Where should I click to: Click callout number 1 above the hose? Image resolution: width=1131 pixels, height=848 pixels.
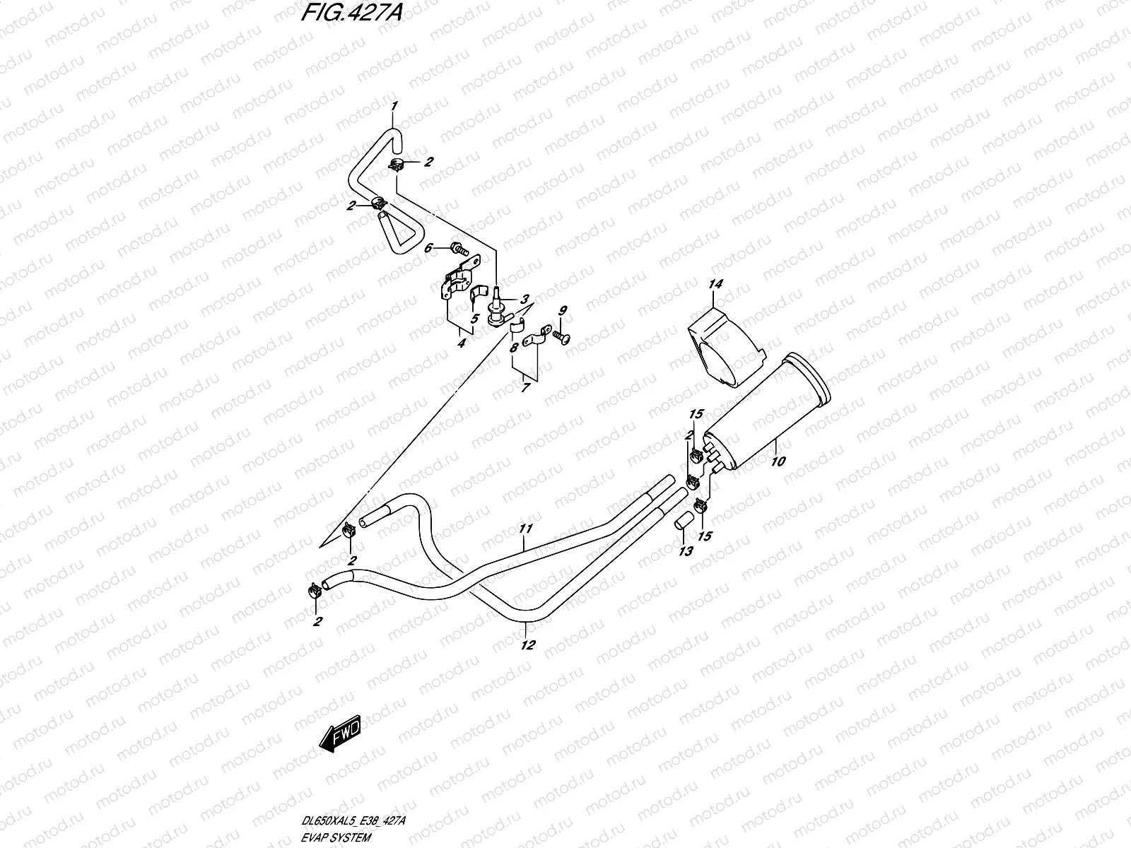click(x=395, y=106)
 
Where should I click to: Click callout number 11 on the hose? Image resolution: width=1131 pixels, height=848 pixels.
click(x=525, y=528)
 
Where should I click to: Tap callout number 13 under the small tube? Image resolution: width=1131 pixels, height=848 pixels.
click(x=684, y=552)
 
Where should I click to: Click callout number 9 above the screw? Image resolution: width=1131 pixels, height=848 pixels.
click(x=563, y=310)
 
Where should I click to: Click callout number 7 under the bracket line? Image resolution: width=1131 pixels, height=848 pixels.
click(x=525, y=388)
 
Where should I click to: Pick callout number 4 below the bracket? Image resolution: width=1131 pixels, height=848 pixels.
click(x=461, y=344)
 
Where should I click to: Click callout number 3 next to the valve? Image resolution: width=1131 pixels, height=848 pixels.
click(x=525, y=299)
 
